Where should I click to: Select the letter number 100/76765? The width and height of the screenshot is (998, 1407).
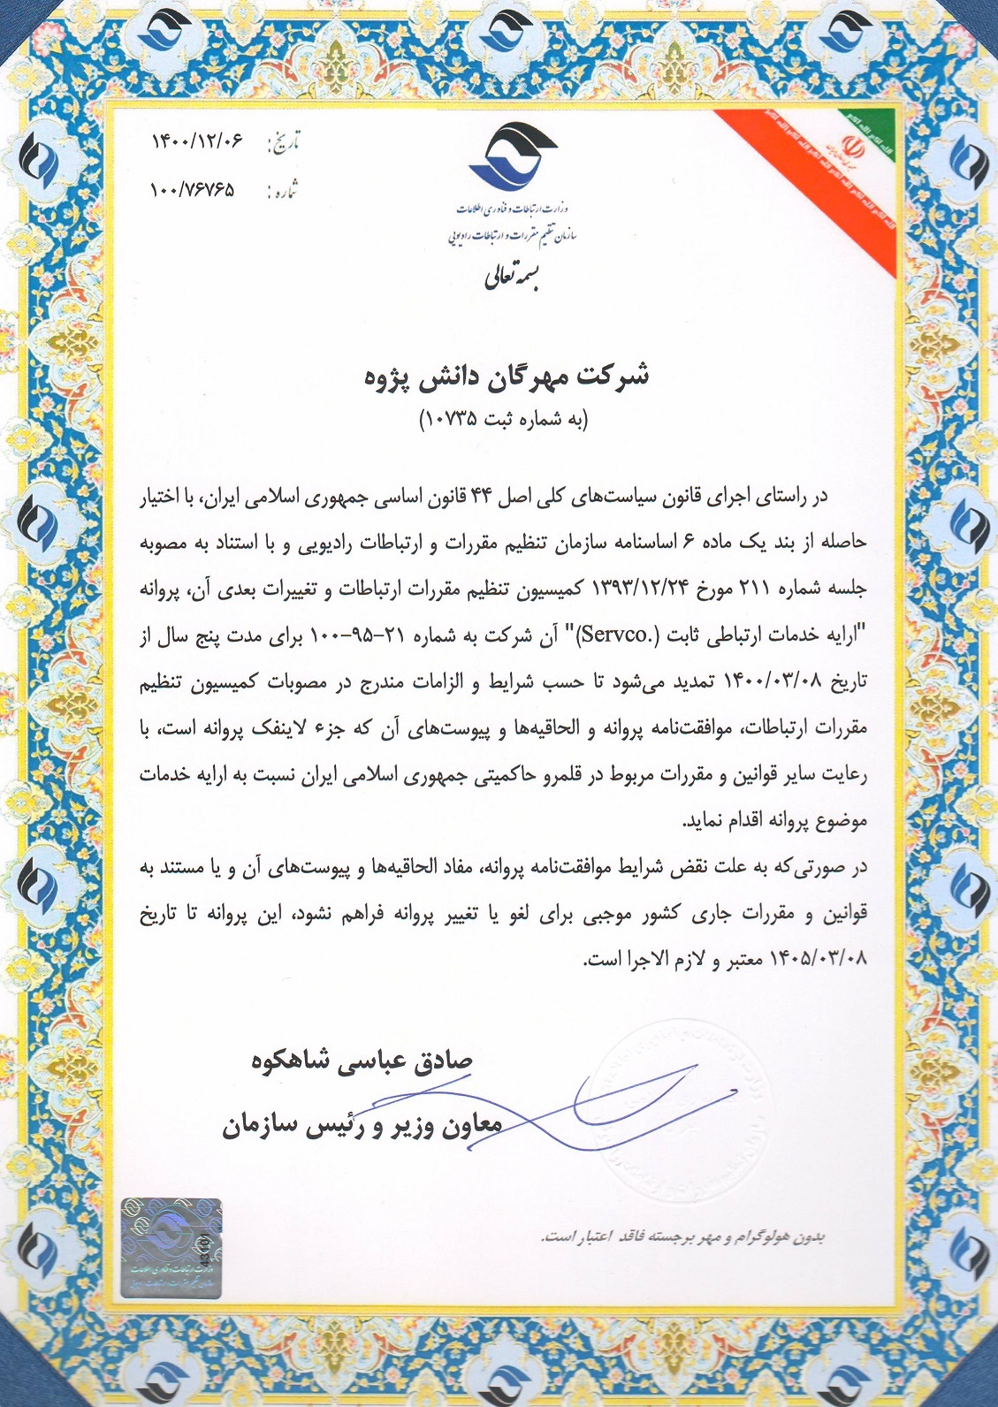pyautogui.click(x=194, y=189)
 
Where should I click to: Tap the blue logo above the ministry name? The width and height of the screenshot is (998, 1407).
pyautogui.click(x=513, y=156)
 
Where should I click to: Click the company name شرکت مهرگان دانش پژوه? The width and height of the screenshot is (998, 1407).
pyautogui.click(x=507, y=376)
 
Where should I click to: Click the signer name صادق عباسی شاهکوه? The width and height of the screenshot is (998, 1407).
pyautogui.click(x=362, y=1060)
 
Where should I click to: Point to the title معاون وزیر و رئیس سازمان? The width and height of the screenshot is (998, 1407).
pyautogui.click(x=362, y=1125)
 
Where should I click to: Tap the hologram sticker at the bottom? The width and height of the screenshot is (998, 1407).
pyautogui.click(x=171, y=1247)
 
